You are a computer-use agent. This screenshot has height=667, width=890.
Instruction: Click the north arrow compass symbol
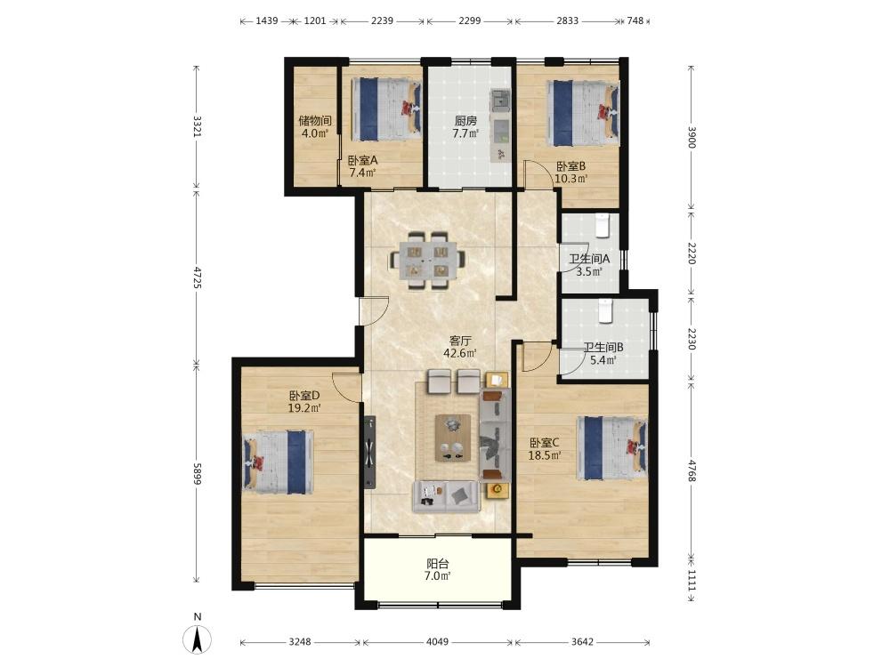[197, 639]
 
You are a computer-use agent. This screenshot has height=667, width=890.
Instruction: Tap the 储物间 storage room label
[315, 120]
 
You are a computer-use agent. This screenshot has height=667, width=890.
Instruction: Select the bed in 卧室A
[386, 108]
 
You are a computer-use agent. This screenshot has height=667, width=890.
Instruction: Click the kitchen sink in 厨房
[501, 101]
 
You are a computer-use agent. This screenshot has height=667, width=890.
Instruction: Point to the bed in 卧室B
[583, 113]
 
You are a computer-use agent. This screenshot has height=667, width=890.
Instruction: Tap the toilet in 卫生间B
[605, 311]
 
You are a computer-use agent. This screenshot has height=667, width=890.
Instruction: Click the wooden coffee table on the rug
[453, 438]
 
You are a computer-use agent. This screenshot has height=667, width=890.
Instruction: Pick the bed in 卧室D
[279, 462]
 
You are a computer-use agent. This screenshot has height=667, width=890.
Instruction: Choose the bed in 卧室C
[612, 448]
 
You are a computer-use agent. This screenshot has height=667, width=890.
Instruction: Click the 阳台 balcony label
[438, 564]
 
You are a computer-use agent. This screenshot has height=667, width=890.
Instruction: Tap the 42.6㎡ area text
[460, 353]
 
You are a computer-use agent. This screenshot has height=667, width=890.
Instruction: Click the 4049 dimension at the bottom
[437, 642]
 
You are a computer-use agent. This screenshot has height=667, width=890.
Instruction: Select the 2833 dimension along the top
[567, 21]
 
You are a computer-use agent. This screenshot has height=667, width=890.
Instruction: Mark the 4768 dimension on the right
[691, 470]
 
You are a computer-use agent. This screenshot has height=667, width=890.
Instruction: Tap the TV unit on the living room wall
[370, 453]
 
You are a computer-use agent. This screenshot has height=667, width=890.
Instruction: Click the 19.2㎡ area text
[304, 408]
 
